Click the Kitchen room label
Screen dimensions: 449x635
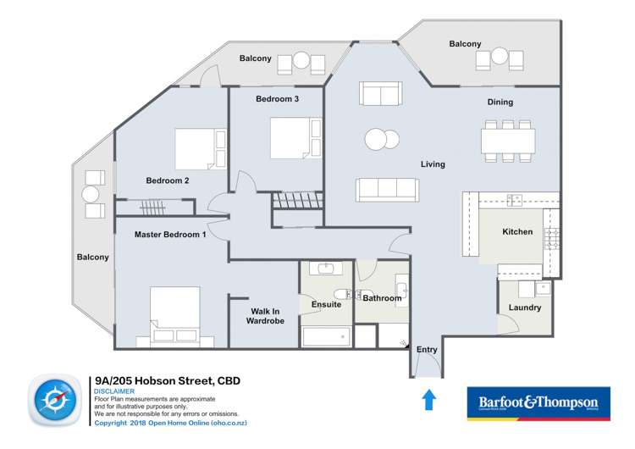click(x=517, y=231)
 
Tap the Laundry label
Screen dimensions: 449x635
click(x=525, y=308)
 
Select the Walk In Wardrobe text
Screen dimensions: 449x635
click(x=264, y=315)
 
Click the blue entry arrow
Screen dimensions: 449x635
click(x=428, y=398)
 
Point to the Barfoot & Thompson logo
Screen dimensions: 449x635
click(x=538, y=404)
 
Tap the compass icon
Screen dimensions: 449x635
click(x=56, y=402)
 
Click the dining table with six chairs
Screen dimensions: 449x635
click(x=507, y=140)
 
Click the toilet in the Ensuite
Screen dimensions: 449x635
click(x=340, y=295)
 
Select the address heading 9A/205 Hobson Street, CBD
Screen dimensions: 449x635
click(x=168, y=381)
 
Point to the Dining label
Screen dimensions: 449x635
click(x=500, y=103)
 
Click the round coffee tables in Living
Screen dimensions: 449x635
click(x=381, y=139)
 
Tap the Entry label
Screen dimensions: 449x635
click(x=427, y=350)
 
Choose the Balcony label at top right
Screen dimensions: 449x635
click(x=465, y=44)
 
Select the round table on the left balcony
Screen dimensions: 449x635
click(x=91, y=194)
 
